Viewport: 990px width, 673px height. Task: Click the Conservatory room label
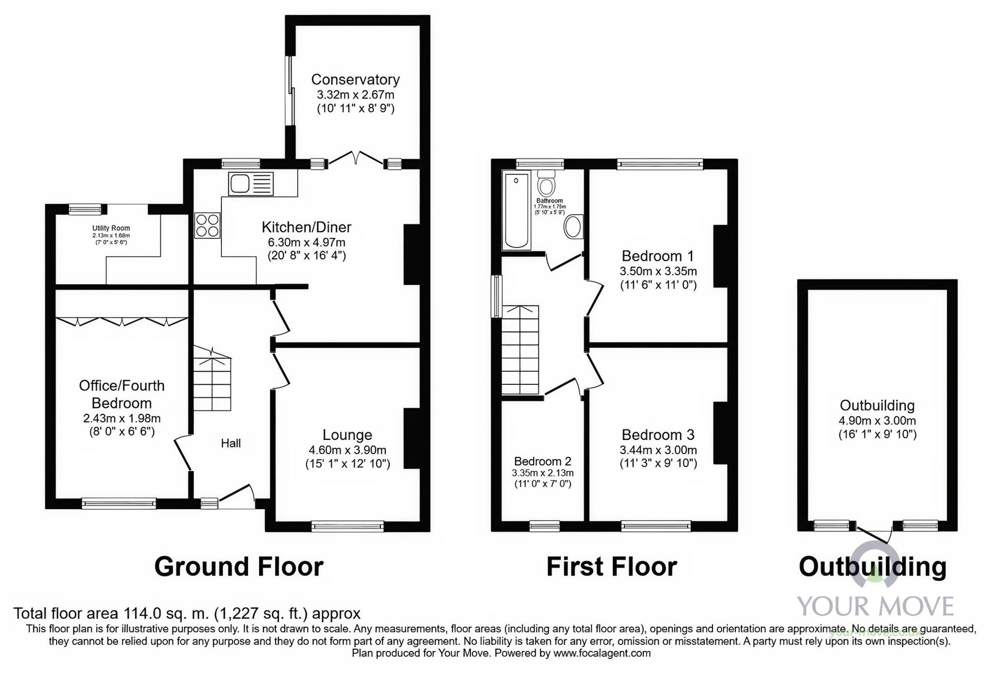(x=355, y=79)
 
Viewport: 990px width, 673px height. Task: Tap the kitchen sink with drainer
(x=251, y=184)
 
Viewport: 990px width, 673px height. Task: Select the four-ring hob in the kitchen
(x=207, y=225)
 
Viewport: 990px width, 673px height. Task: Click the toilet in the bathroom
(x=547, y=184)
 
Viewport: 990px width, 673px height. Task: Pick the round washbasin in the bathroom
(x=573, y=226)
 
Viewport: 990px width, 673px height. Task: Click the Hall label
(x=231, y=443)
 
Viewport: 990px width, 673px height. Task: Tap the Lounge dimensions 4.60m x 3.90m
(x=347, y=450)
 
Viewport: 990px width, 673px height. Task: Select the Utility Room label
(x=111, y=228)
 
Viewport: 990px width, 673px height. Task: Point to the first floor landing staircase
(x=520, y=351)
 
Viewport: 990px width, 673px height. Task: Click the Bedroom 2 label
(x=542, y=461)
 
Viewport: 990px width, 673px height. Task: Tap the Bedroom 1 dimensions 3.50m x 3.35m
(x=658, y=271)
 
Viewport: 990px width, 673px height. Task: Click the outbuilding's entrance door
(x=874, y=535)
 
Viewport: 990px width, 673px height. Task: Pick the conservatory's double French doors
(x=356, y=158)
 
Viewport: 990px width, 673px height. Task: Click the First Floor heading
(x=611, y=567)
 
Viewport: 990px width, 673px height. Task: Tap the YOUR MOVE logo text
(x=875, y=606)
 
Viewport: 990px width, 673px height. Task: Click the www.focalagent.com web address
(x=602, y=654)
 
